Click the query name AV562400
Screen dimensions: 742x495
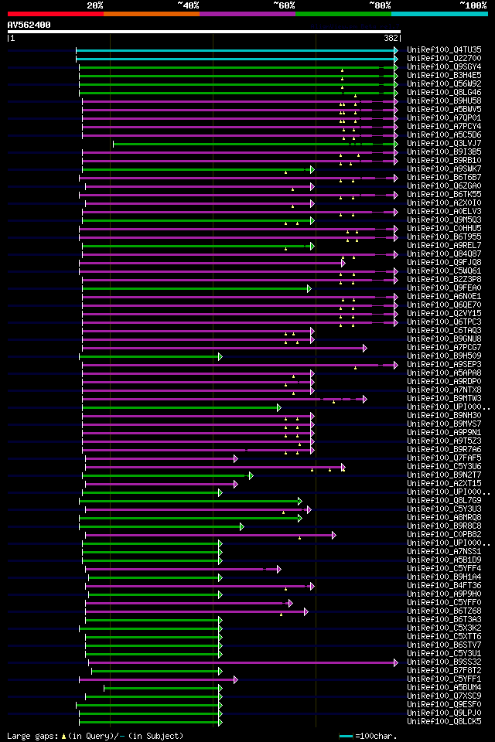click(29, 25)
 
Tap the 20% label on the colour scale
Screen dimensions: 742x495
click(95, 5)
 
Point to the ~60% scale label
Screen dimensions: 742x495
click(283, 5)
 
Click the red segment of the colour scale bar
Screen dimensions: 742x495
click(55, 14)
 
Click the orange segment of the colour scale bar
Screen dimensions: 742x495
click(151, 14)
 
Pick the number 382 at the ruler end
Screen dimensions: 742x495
click(391, 38)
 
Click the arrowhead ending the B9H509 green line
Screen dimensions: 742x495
click(220, 356)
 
